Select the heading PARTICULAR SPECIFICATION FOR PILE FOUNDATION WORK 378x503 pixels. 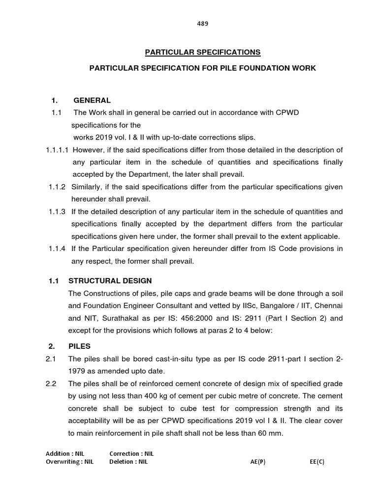click(202, 68)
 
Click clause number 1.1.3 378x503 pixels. click(57, 212)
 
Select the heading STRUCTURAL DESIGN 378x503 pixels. click(110, 280)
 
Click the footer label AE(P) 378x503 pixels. click(258, 462)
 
